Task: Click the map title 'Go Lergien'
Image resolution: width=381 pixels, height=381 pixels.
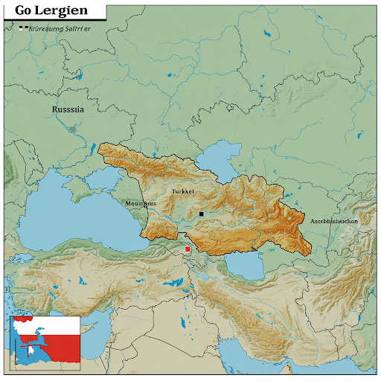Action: pyautogui.click(x=51, y=11)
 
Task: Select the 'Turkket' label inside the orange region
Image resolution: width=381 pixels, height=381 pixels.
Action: pyautogui.click(x=183, y=191)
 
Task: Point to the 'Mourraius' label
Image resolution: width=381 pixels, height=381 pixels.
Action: pyautogui.click(x=141, y=203)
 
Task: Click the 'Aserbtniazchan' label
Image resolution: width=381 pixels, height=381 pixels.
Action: pyautogui.click(x=334, y=221)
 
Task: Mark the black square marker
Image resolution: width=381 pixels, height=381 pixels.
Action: pyautogui.click(x=201, y=214)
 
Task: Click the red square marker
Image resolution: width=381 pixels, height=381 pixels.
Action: pyautogui.click(x=188, y=249)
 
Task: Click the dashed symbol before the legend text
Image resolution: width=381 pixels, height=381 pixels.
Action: pyautogui.click(x=26, y=28)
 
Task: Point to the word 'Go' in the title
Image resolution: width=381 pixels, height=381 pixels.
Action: pyautogui.click(x=24, y=11)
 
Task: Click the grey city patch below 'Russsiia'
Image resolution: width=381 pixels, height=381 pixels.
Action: pyautogui.click(x=72, y=128)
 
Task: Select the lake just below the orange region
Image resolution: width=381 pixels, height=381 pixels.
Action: pyautogui.click(x=242, y=263)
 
